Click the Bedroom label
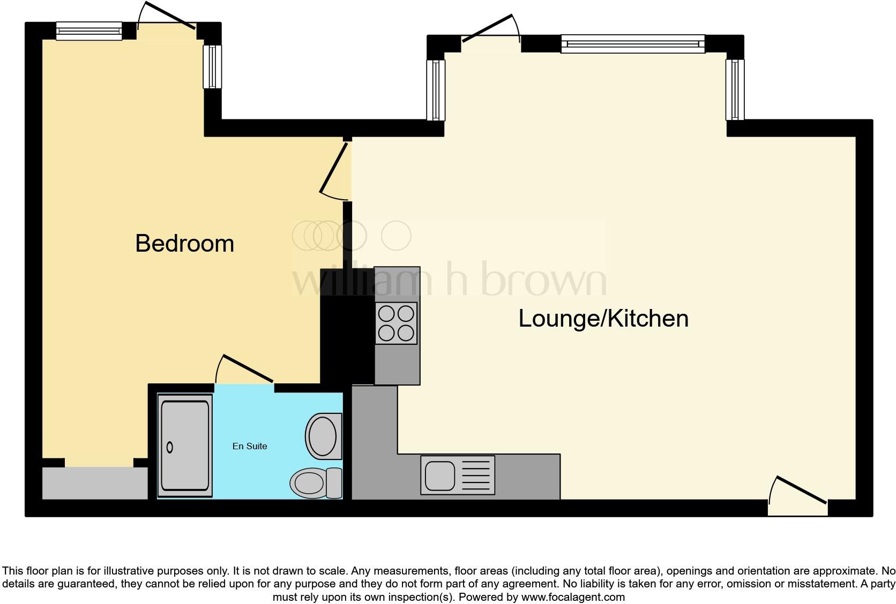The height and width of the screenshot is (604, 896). pos(184,244)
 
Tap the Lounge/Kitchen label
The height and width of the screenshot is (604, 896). pos(603,319)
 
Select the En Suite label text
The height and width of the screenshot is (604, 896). pos(250,446)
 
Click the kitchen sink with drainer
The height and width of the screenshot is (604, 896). pos(458,475)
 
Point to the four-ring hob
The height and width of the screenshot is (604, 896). pos(396,323)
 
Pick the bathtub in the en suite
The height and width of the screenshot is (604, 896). pos(185,446)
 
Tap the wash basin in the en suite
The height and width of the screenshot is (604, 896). pos(323,436)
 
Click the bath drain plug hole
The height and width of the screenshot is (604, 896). pos(170,447)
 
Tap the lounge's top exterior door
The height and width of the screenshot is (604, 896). pos(490,30)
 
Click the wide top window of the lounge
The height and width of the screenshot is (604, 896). pos(633,44)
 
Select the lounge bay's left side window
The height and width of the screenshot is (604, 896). pos(436,90)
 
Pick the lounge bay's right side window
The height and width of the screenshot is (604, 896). pos(735,90)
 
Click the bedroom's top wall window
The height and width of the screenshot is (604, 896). pos(89,31)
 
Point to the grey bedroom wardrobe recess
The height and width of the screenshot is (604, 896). pos(95,484)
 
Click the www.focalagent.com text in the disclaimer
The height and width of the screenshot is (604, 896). pos(572,597)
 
